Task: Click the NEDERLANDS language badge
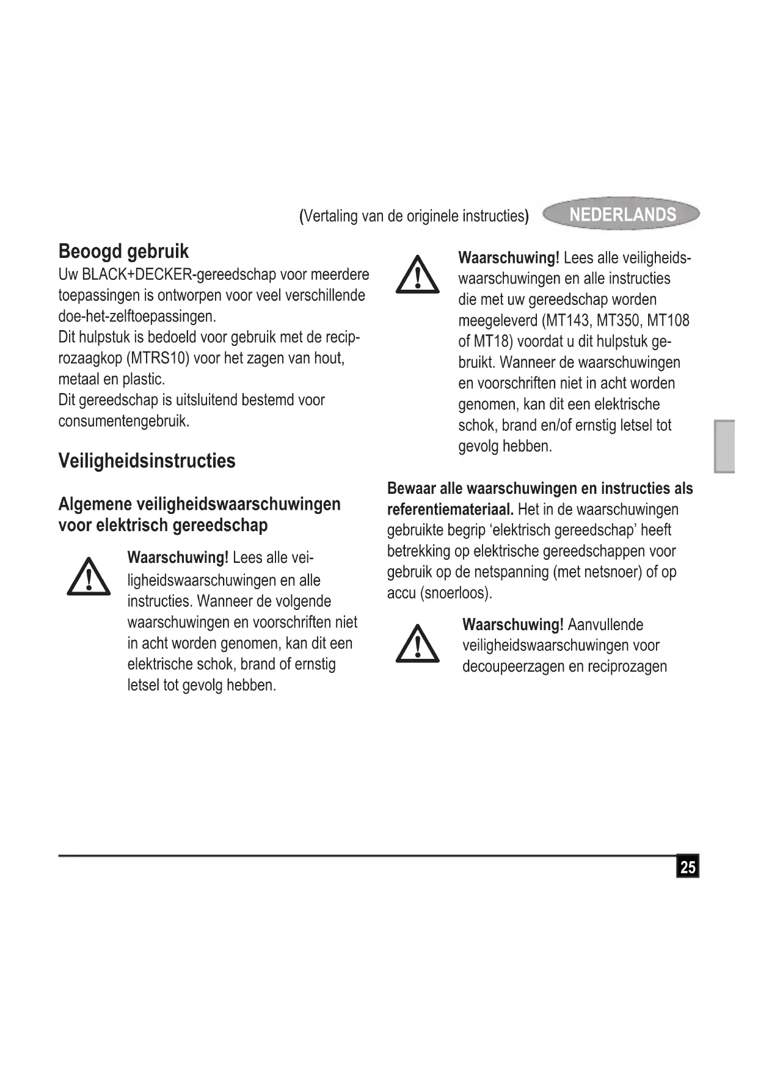pos(621,214)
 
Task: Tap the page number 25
pos(688,867)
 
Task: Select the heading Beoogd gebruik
pos(123,251)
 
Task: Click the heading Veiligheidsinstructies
pos(147,460)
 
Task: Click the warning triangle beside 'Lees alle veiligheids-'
pos(417,276)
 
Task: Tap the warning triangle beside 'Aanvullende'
pos(417,644)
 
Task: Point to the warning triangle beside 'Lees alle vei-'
pos(89,576)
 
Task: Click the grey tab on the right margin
pos(724,446)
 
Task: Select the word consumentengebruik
pos(123,421)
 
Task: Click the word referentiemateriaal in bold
pos(450,509)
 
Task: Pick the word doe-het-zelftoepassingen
pos(137,317)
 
